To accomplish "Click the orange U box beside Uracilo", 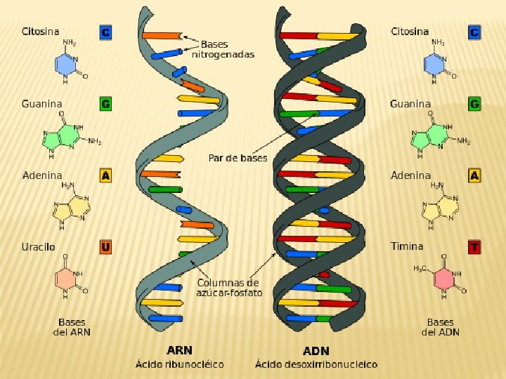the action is coord(105,247).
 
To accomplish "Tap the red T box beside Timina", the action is coord(475,247).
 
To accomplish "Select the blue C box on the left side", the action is coord(105,32).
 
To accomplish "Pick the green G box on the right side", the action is coord(475,104).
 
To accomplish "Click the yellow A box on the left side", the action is coord(105,175).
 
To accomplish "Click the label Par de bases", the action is coord(238,158).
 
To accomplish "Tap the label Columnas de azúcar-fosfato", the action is coord(228,288).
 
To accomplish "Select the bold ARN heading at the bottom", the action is coord(179,350).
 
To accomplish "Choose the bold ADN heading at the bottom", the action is coord(316,350).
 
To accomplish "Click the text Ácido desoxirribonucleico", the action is coord(316,364).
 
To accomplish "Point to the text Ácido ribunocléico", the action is coord(179,364).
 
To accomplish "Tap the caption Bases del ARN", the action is coord(72,327).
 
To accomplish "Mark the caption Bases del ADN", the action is coord(440,327).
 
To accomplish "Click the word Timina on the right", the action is coord(407,246).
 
